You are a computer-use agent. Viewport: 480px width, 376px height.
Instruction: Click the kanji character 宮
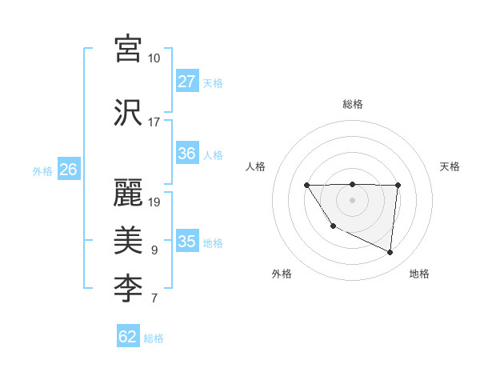(128, 50)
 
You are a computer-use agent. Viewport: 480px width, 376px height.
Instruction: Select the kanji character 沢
(128, 113)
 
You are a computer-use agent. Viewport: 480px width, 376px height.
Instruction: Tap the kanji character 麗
(128, 192)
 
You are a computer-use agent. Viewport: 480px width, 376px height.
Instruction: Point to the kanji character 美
(128, 241)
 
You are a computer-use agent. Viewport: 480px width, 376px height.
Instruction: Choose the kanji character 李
(128, 290)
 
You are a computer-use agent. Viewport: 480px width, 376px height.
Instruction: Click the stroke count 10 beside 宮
(154, 59)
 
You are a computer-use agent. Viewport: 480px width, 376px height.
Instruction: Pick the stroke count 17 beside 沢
(154, 122)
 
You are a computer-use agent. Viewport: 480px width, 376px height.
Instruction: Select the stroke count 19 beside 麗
(154, 202)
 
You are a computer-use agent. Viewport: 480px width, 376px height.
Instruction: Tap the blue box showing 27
(187, 82)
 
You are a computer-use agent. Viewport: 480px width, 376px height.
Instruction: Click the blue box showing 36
(187, 154)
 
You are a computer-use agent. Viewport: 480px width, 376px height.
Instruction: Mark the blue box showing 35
(187, 242)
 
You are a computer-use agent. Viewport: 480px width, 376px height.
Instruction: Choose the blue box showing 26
(69, 170)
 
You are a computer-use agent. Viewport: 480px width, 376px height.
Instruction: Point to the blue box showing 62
(128, 337)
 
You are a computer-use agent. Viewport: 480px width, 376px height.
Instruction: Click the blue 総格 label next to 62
(154, 338)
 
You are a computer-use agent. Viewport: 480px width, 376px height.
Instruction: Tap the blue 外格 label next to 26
(42, 171)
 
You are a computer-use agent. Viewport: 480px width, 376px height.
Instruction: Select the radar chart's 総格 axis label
(353, 104)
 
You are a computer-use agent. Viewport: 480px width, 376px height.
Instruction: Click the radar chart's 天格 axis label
(450, 166)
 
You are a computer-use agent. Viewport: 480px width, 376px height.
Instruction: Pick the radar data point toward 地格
(390, 253)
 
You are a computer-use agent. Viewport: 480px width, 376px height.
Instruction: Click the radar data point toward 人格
(307, 186)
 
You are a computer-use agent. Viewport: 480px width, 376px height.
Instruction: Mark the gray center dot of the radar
(352, 199)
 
